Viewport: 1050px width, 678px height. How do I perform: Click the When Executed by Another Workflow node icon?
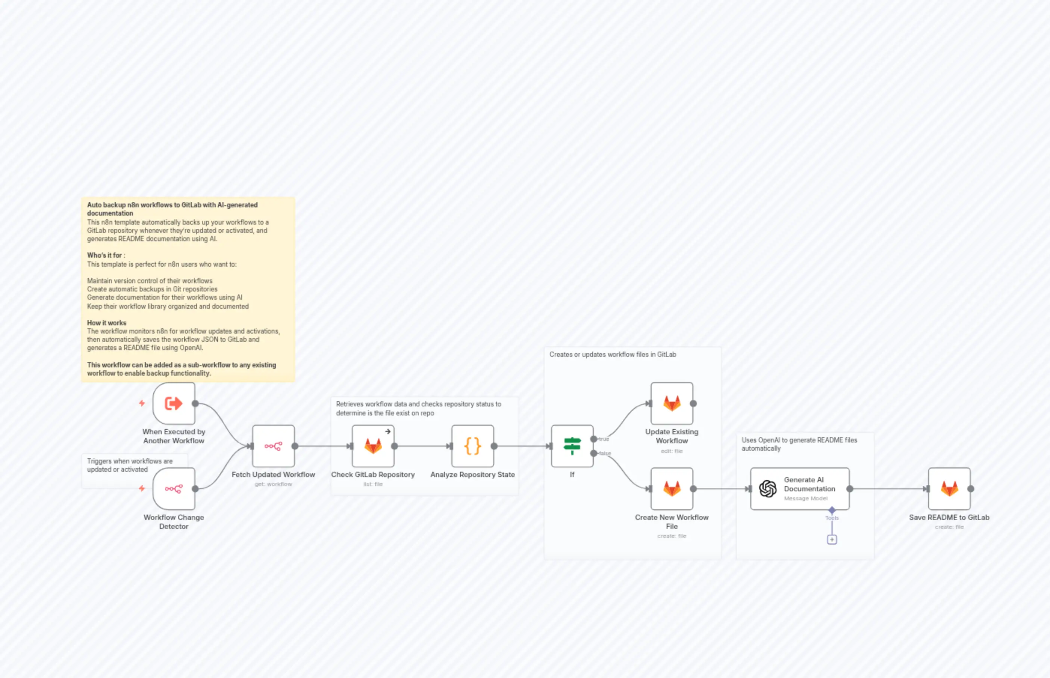tap(174, 403)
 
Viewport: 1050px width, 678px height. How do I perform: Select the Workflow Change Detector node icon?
tap(174, 489)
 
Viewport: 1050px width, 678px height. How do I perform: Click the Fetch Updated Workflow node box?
tap(273, 446)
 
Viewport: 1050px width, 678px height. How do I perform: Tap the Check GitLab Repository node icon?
tap(372, 446)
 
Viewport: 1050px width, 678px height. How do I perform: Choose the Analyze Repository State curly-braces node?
tap(472, 446)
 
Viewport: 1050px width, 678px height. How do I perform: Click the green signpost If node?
tap(572, 446)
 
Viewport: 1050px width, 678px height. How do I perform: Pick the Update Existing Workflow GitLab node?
tap(672, 403)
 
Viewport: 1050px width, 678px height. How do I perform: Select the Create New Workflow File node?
tap(672, 489)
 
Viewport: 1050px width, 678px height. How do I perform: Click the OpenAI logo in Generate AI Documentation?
tap(768, 489)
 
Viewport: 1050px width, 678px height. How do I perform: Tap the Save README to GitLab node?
tap(949, 489)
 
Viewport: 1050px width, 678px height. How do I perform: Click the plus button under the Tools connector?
tap(832, 539)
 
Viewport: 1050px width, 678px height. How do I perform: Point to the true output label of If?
tap(604, 439)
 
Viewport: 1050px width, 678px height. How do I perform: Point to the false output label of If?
tap(605, 453)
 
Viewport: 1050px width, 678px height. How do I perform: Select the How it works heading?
tap(107, 323)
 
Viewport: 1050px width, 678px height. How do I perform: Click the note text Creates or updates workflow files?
tap(612, 355)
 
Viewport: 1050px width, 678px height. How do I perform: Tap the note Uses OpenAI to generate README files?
tap(799, 444)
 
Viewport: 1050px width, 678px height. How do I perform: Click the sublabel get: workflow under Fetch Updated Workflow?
tap(273, 484)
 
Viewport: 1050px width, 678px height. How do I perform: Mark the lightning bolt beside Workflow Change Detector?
tap(142, 488)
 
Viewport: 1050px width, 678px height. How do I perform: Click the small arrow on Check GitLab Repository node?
tap(387, 432)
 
